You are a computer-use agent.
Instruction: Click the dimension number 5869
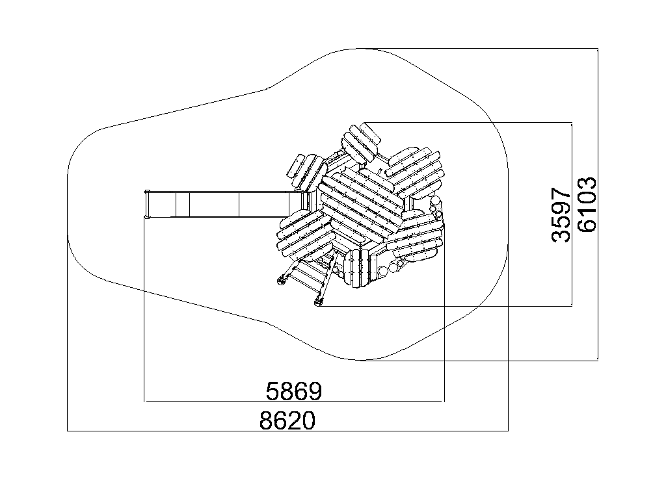[x=294, y=390]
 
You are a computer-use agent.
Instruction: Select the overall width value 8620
[x=287, y=420]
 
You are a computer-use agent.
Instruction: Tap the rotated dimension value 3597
[x=561, y=216]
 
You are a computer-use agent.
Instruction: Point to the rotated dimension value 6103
[x=587, y=204]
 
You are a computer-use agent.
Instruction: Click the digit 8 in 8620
[x=266, y=420]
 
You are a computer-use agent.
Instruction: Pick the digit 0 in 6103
[x=587, y=197]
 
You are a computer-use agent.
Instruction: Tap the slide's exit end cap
[x=147, y=205]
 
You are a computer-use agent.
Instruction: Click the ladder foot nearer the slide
[x=281, y=281]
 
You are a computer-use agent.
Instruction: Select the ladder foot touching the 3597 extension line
[x=318, y=301]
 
